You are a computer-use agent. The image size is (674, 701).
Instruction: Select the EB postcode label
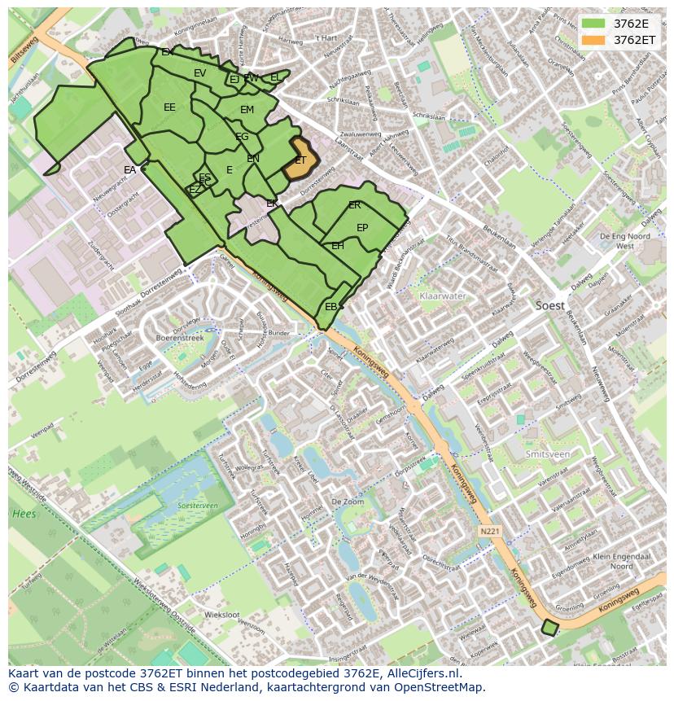(x=330, y=307)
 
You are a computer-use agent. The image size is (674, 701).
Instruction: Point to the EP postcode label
(x=362, y=228)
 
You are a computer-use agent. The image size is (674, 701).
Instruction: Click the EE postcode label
(x=169, y=107)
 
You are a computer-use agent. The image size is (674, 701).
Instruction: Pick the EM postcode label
(x=247, y=110)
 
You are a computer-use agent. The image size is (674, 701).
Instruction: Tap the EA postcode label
(x=130, y=170)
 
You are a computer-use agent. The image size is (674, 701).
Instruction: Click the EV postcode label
(x=199, y=73)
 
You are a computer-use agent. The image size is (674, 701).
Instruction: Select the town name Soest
(x=550, y=305)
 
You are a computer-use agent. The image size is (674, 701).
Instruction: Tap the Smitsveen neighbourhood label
(x=547, y=454)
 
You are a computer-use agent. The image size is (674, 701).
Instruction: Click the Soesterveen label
(x=197, y=506)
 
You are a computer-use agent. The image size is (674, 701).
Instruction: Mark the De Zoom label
(x=348, y=503)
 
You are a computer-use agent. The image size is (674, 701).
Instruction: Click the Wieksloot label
(x=221, y=615)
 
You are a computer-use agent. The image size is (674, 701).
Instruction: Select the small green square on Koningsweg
(x=550, y=628)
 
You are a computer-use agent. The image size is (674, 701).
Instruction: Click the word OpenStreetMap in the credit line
(x=439, y=687)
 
